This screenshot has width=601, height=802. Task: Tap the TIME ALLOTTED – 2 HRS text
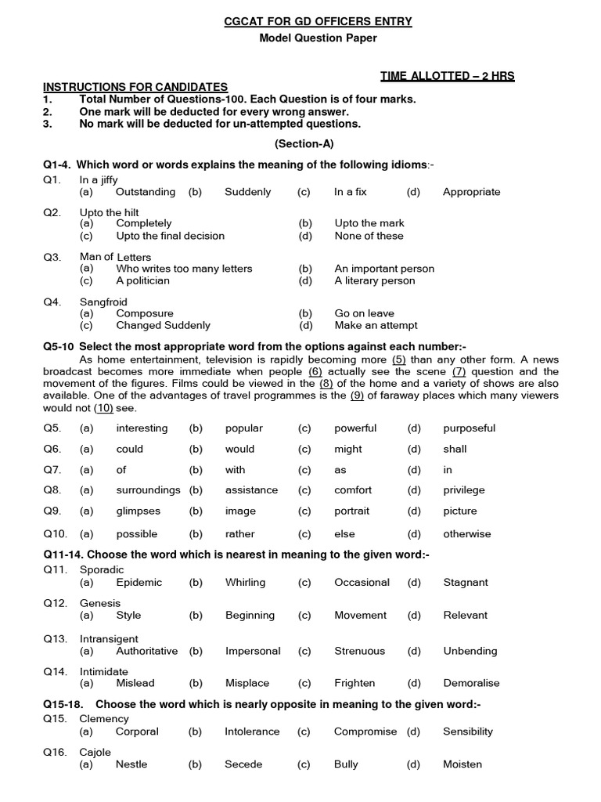click(x=448, y=75)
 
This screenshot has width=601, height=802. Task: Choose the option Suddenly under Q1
click(x=247, y=192)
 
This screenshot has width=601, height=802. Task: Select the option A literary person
click(x=374, y=280)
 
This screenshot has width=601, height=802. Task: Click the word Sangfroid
click(x=103, y=302)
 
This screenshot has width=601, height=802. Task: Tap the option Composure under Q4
click(x=145, y=313)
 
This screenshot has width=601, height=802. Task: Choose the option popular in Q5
click(x=243, y=428)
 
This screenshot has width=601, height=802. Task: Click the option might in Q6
click(x=347, y=450)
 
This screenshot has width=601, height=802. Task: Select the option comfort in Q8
click(x=353, y=490)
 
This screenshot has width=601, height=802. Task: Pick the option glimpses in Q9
click(x=138, y=511)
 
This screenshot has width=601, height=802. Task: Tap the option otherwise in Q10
click(x=466, y=534)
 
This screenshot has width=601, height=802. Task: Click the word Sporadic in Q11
click(x=103, y=570)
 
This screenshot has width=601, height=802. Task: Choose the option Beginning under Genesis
click(x=249, y=616)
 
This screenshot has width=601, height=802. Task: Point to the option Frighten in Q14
click(x=354, y=683)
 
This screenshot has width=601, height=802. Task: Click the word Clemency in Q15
click(x=104, y=719)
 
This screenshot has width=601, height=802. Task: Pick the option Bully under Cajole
click(x=346, y=764)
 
